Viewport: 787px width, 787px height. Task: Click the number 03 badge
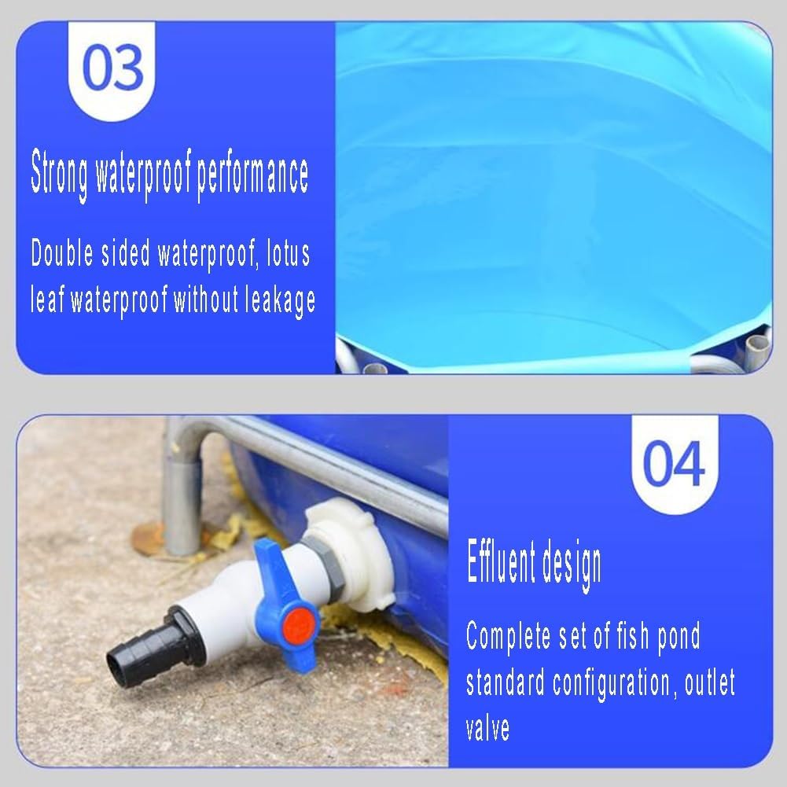tap(113, 68)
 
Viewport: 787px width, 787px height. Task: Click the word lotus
tap(288, 253)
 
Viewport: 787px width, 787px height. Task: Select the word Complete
tap(509, 636)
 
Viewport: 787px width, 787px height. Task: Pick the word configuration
tap(611, 682)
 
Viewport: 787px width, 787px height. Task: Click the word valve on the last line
tap(487, 727)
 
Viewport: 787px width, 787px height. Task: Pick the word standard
tap(505, 682)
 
